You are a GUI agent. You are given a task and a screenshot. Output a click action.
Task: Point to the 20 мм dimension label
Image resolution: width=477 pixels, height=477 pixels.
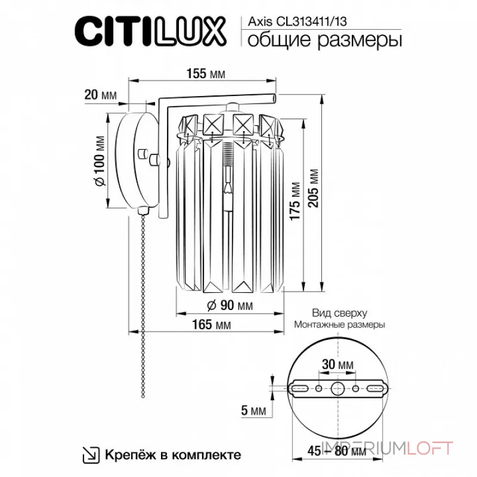click(x=100, y=95)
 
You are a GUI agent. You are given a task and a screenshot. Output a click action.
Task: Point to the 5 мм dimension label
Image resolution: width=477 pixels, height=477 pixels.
click(x=254, y=410)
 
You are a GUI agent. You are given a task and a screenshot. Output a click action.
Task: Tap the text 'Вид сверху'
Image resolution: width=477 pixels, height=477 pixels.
click(x=339, y=313)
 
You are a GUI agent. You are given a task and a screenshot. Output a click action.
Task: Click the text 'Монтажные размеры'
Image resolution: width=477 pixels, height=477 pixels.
click(x=339, y=325)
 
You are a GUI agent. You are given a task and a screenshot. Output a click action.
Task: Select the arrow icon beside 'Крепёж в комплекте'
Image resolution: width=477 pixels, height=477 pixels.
click(x=91, y=455)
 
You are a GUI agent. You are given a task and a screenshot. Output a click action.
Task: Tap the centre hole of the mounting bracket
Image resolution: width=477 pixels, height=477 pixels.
click(x=337, y=389)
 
